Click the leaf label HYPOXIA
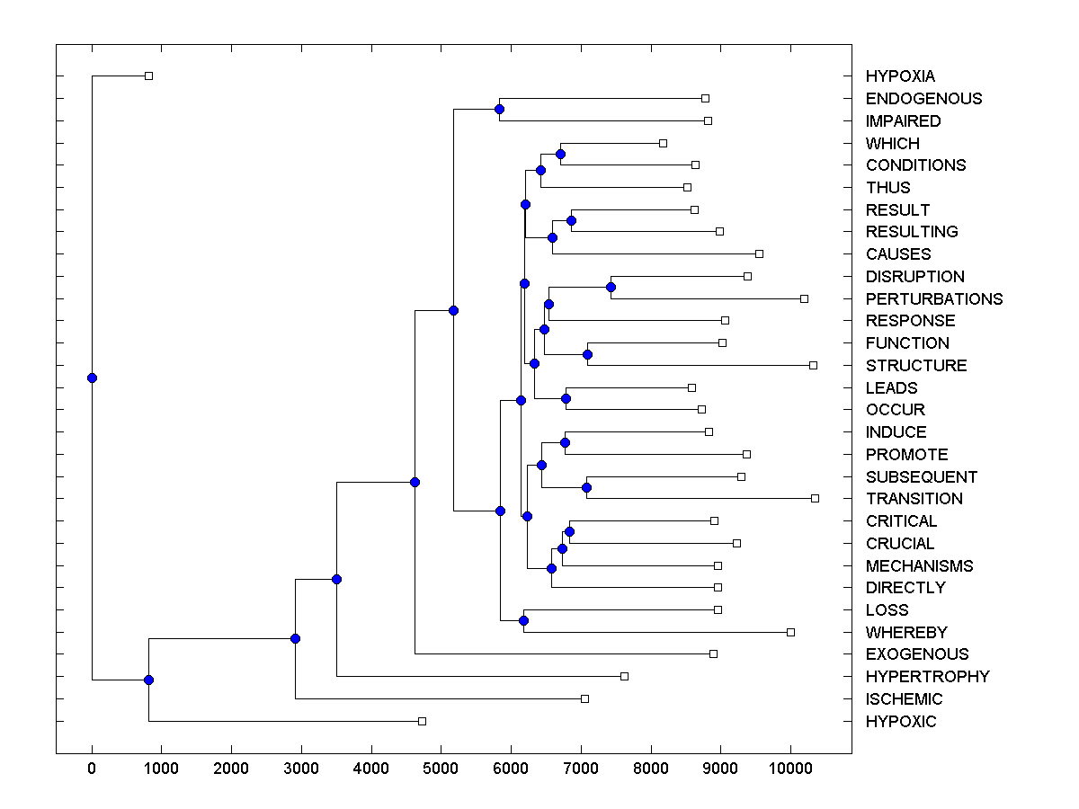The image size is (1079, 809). pos(900,76)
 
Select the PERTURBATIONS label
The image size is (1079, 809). pos(934,298)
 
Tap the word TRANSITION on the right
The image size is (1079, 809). pos(914,499)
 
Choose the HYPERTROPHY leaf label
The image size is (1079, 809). pos(927,677)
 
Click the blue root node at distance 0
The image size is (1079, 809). pos(92,378)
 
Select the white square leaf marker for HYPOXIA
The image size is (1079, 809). pos(149,76)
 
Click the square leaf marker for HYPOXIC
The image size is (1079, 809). pos(422,721)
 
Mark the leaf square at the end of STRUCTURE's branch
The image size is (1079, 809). pos(813,365)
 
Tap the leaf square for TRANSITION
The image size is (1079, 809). pos(815,498)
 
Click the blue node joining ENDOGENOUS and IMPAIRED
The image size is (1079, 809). pos(499,109)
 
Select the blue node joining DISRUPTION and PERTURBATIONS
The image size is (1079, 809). pos(611,287)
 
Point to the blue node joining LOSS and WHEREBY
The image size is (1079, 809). pos(523,621)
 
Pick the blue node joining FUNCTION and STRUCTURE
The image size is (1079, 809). pos(587,354)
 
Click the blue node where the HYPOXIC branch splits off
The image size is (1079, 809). pos(149,680)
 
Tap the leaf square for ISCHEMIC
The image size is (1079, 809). pos(584,698)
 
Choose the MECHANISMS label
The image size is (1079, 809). pos(919,566)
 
